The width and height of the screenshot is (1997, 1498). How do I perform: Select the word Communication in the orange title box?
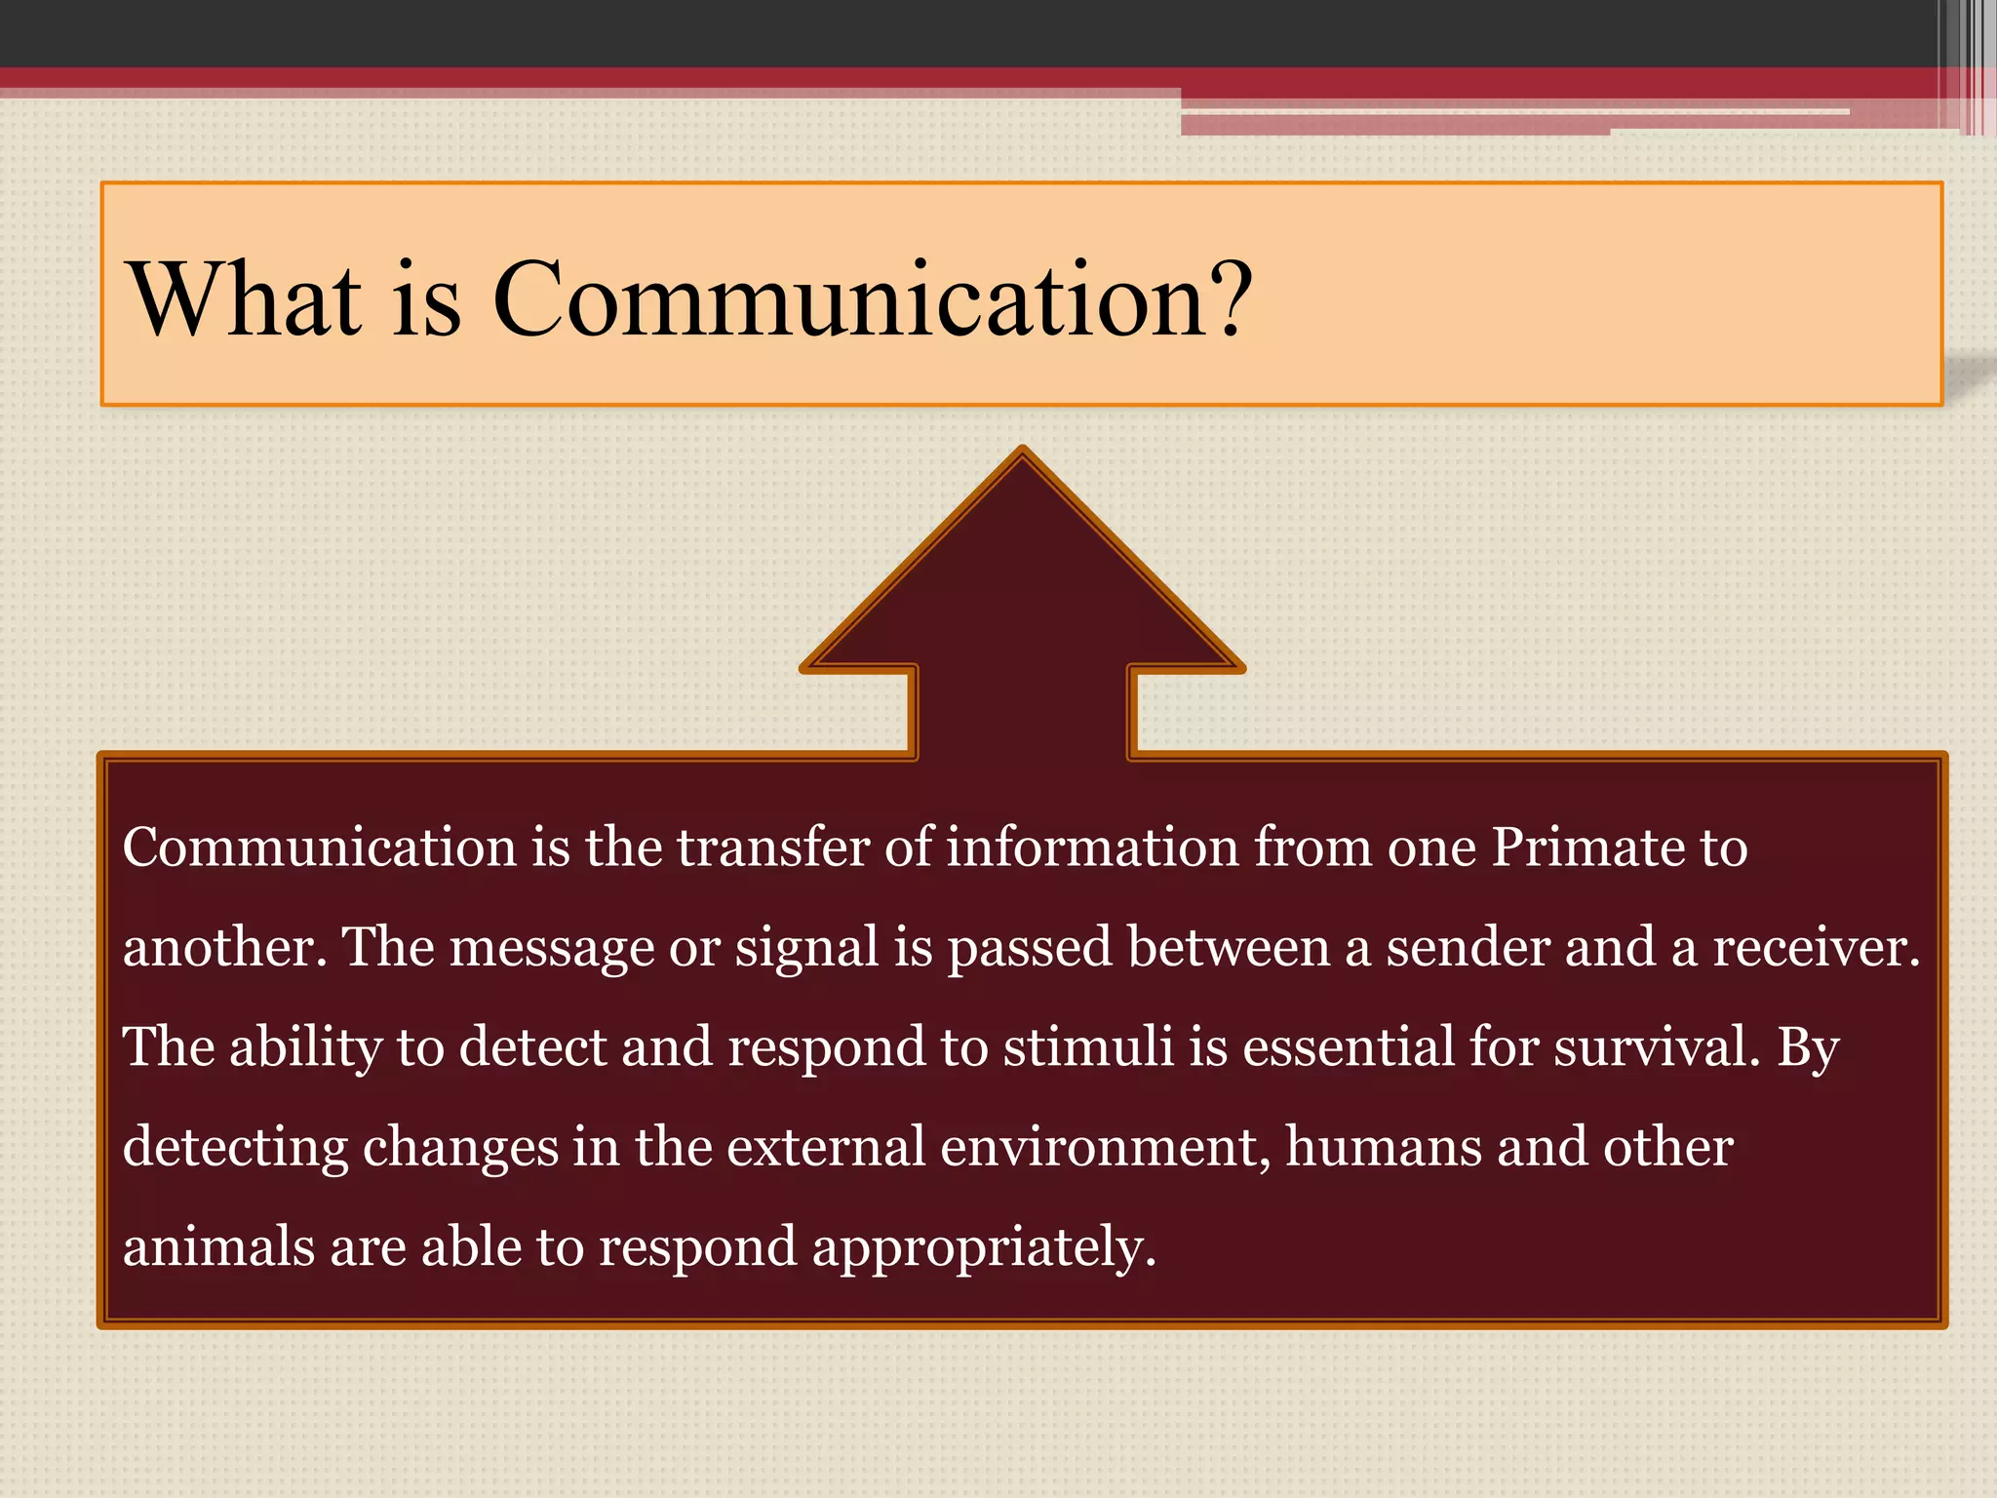click(x=848, y=299)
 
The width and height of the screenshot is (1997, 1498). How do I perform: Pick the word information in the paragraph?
click(x=1092, y=848)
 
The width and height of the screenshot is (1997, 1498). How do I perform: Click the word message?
click(x=551, y=948)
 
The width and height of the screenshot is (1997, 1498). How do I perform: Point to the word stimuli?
click(x=1088, y=1047)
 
